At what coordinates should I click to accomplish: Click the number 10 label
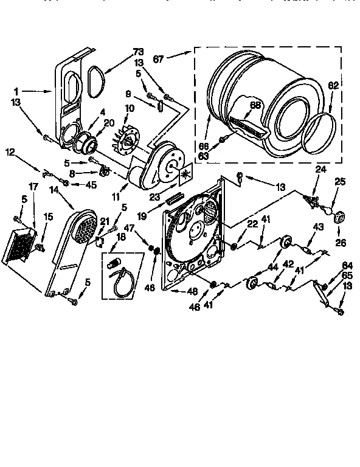point(129,108)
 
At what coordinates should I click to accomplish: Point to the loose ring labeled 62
point(322,133)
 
